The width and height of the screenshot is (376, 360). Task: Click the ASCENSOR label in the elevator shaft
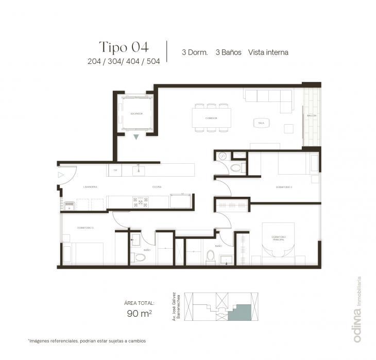136,114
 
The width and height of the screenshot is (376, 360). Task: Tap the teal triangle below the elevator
136,137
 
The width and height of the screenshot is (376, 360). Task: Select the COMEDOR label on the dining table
211,118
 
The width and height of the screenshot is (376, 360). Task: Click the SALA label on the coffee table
261,123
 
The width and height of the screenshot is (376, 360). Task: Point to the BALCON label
311,116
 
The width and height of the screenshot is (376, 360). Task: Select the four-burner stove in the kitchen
140,201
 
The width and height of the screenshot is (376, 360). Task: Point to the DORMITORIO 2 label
284,187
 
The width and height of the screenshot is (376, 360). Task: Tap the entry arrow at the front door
61,175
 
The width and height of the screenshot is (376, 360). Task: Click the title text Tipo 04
124,47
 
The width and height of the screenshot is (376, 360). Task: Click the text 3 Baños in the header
229,53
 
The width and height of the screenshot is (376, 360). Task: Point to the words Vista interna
268,53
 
